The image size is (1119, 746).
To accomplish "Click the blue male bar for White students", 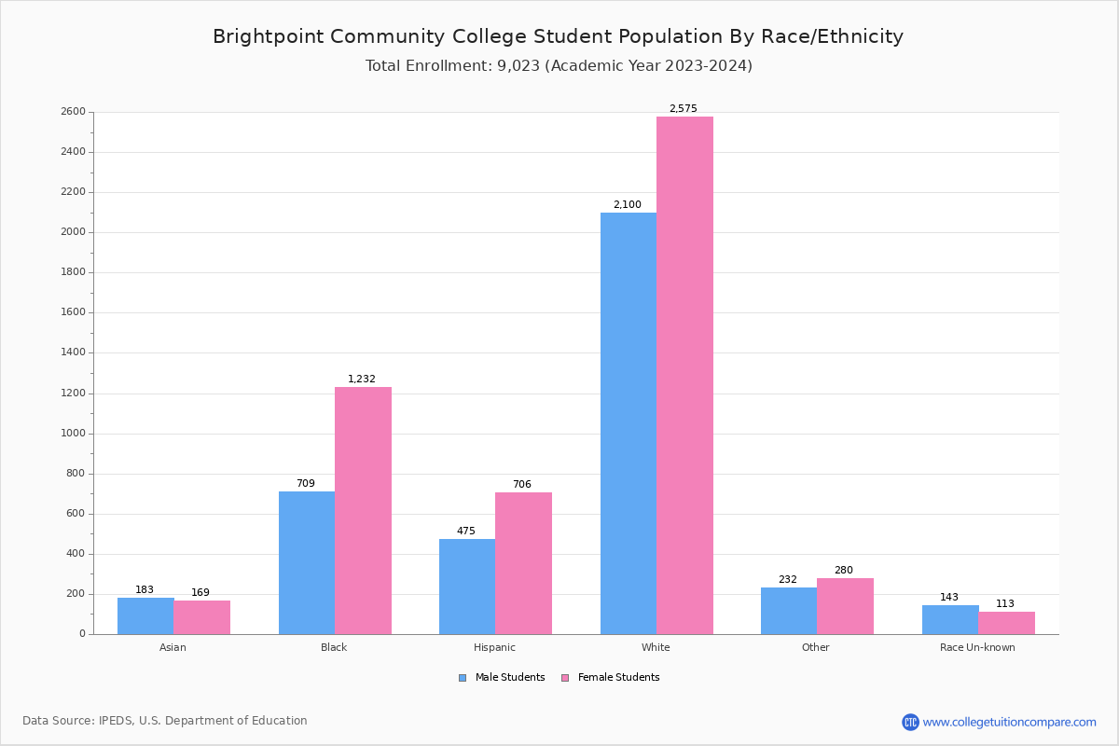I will click(x=629, y=423).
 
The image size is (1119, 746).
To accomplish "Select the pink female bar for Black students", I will click(x=363, y=510).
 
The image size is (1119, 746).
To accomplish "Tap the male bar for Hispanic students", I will click(x=467, y=587).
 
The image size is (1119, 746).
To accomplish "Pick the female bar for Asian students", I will click(x=201, y=617).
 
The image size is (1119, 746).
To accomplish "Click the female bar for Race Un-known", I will click(x=1006, y=623).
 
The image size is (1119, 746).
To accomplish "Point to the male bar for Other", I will click(x=789, y=611).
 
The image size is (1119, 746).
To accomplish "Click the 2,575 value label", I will click(x=683, y=109).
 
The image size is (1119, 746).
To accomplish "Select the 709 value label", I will click(x=306, y=484).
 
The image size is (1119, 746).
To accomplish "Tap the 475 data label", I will click(x=465, y=532).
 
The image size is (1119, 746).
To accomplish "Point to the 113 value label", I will click(x=1004, y=604).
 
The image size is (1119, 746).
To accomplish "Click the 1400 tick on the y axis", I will click(x=73, y=353).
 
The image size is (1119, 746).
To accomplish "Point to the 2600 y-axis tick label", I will click(x=73, y=112).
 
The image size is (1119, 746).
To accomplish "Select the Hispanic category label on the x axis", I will click(x=494, y=647).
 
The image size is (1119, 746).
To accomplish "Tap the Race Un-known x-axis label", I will click(x=977, y=647).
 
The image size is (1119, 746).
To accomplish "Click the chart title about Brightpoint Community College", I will click(x=558, y=36).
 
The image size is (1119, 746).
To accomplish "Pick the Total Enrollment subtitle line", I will click(x=559, y=66).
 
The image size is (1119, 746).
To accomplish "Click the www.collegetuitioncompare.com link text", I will click(x=1009, y=722).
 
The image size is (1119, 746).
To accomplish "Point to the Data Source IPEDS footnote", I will click(x=165, y=721).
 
